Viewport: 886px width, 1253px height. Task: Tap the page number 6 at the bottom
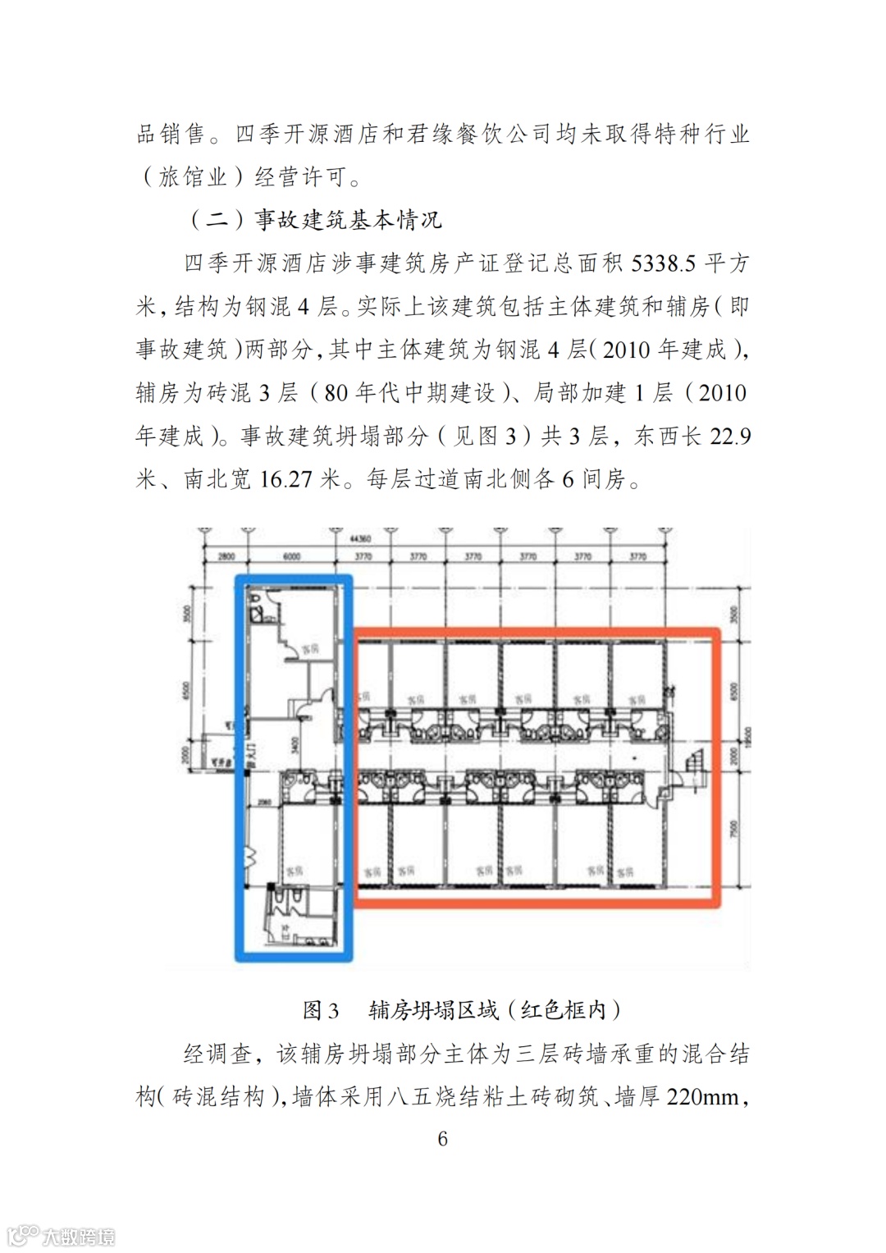(443, 1138)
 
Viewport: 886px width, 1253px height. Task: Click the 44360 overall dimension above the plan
(359, 540)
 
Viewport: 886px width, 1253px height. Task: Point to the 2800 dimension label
(226, 556)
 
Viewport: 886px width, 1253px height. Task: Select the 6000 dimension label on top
(291, 556)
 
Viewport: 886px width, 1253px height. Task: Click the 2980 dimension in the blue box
(264, 802)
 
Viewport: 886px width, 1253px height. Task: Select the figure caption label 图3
(321, 1010)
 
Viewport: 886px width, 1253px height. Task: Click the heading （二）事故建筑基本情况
(316, 220)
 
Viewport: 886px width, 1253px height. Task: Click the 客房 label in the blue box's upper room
(310, 650)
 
